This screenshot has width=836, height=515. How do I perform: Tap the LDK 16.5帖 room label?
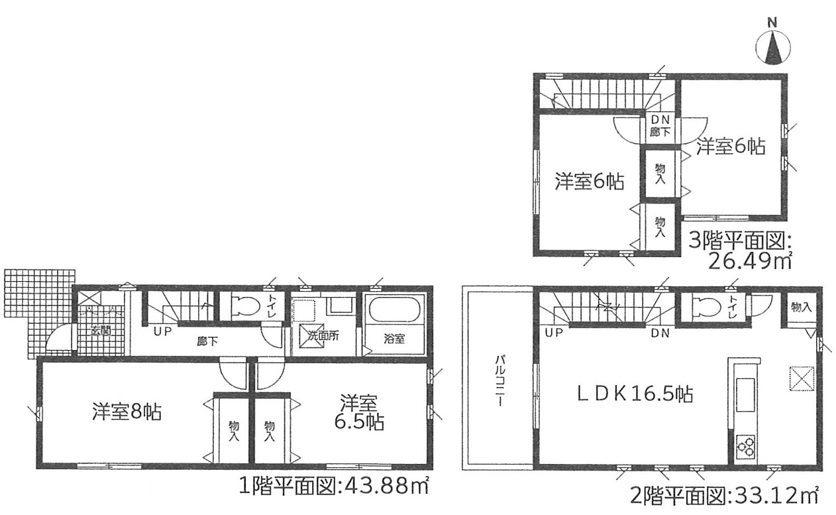pyautogui.click(x=635, y=396)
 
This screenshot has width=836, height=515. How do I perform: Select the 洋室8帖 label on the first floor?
pyautogui.click(x=127, y=412)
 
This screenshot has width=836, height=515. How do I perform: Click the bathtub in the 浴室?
pyautogui.click(x=395, y=310)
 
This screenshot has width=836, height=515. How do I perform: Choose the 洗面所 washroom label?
pyautogui.click(x=323, y=335)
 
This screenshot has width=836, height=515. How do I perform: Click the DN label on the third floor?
pyautogui.click(x=660, y=119)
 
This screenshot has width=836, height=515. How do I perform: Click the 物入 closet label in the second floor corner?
pyautogui.click(x=801, y=307)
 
